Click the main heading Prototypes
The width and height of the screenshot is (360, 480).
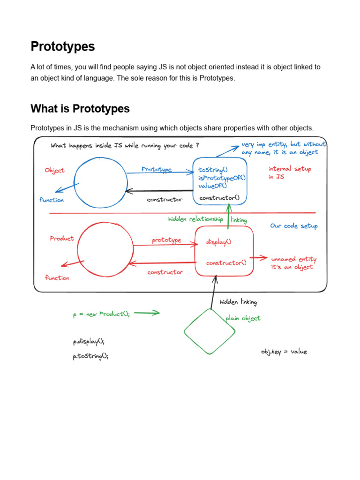pyautogui.click(x=62, y=46)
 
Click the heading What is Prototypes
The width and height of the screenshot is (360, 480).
pyautogui.click(x=80, y=109)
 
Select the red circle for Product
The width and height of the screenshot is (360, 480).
pyautogui.click(x=105, y=249)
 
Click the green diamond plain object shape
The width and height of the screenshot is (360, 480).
pyautogui.click(x=210, y=331)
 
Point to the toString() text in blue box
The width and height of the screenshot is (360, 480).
pyautogui.click(x=213, y=170)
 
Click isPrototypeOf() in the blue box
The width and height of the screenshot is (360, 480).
pyautogui.click(x=222, y=178)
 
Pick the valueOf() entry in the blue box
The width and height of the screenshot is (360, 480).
pyautogui.click(x=212, y=186)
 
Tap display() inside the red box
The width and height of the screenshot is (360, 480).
pyautogui.click(x=218, y=242)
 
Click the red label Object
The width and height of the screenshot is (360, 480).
pyautogui.click(x=54, y=170)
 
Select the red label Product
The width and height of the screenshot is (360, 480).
pyautogui.click(x=62, y=239)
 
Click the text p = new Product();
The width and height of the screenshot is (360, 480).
pyautogui.click(x=101, y=315)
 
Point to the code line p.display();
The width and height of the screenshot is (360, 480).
pyautogui.click(x=89, y=342)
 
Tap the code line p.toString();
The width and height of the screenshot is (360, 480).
pyautogui.click(x=90, y=356)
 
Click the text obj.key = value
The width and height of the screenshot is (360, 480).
pyautogui.click(x=284, y=352)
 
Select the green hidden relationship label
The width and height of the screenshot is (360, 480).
pyautogui.click(x=195, y=219)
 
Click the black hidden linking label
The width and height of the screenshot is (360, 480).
pyautogui.click(x=238, y=302)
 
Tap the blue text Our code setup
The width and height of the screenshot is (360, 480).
pyautogui.click(x=294, y=226)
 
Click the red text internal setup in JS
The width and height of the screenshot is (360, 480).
pyautogui.click(x=289, y=172)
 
